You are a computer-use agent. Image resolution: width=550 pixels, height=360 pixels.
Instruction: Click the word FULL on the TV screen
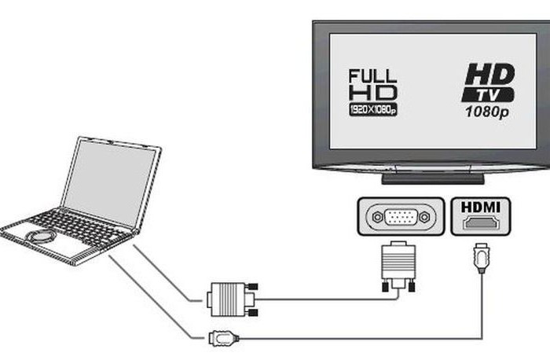pyautogui.click(x=373, y=77)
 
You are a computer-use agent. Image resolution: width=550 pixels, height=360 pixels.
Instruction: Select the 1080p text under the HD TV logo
pyautogui.click(x=486, y=112)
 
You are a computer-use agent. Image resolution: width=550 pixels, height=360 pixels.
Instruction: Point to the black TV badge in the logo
pyautogui.click(x=488, y=95)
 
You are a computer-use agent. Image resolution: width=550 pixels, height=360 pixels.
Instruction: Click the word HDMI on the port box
pyautogui.click(x=481, y=208)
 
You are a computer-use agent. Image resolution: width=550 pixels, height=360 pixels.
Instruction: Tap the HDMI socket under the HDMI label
pyautogui.click(x=481, y=224)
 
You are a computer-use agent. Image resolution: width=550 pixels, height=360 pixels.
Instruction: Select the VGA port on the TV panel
pyautogui.click(x=395, y=217)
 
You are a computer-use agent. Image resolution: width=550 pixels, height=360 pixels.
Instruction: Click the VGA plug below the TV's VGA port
pyautogui.click(x=396, y=268)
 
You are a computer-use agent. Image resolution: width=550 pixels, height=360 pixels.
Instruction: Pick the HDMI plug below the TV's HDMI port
pyautogui.click(x=481, y=259)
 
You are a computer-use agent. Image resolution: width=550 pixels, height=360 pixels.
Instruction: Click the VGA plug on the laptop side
pyautogui.click(x=229, y=299)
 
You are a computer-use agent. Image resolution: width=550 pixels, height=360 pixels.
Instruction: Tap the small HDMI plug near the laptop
pyautogui.click(x=222, y=339)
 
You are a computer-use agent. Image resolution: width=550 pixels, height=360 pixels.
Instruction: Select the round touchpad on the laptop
pyautogui.click(x=38, y=237)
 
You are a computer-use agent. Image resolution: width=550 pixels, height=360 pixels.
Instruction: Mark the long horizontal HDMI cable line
pyautogui.click(x=354, y=339)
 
